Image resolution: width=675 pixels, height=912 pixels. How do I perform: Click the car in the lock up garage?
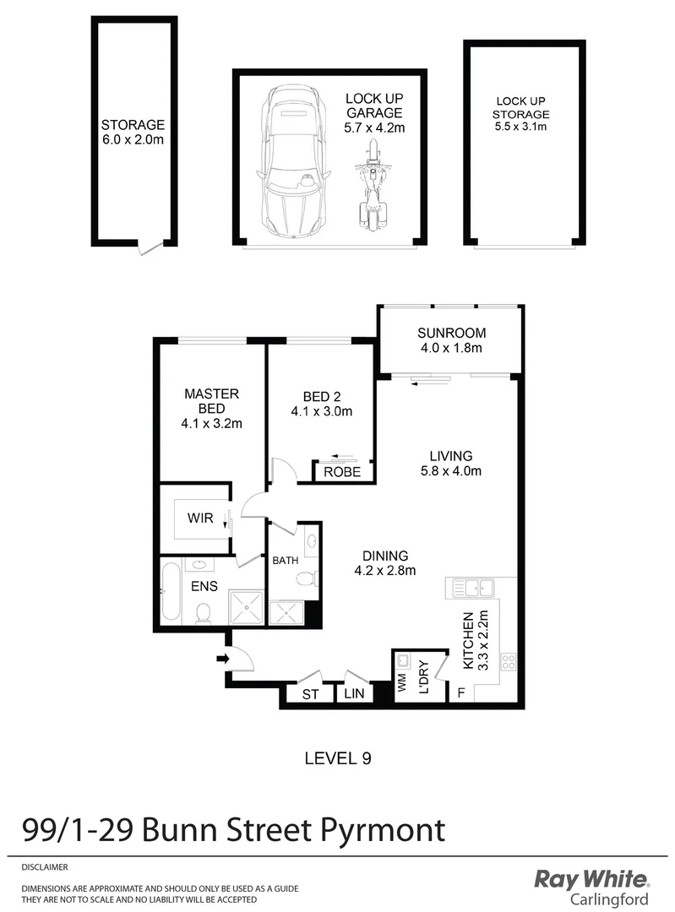click(x=292, y=162)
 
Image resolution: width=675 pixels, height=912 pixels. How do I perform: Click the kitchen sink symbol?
click(x=473, y=586)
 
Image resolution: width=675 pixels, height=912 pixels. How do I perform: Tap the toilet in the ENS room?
click(x=203, y=611)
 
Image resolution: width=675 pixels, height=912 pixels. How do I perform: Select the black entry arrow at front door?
click(x=223, y=659)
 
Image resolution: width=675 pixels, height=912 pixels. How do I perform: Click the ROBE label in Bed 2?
click(x=342, y=473)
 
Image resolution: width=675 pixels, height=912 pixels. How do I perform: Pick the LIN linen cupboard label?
click(x=352, y=694)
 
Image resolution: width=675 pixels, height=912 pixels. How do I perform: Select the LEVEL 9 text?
click(x=337, y=758)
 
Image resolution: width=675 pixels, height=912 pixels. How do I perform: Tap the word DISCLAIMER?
click(x=44, y=867)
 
